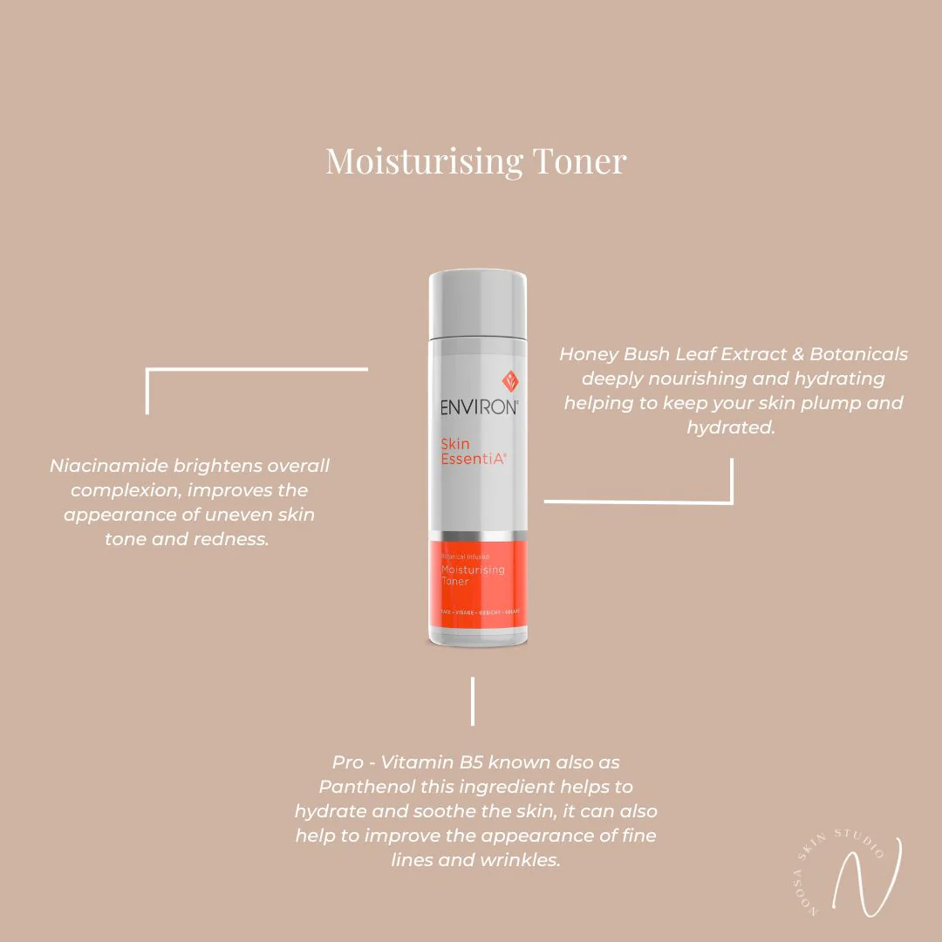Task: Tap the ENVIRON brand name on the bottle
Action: pyautogui.click(x=479, y=406)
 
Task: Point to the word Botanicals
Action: pyautogui.click(x=858, y=354)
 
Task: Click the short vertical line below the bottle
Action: pyautogui.click(x=473, y=700)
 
